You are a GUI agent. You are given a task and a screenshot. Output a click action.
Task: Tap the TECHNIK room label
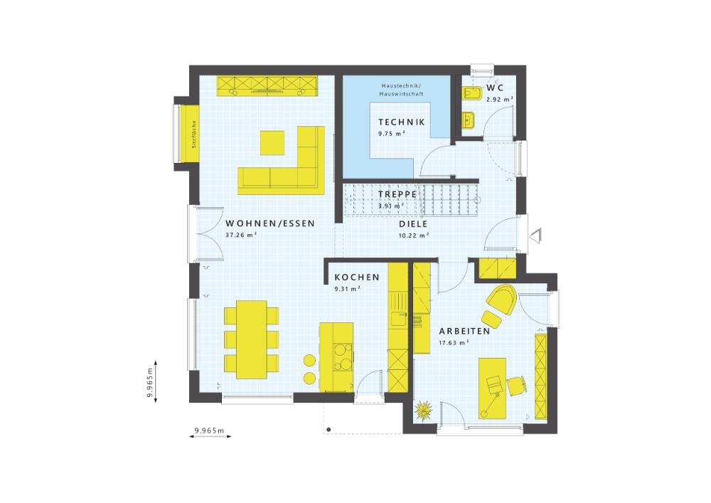[x=401, y=122]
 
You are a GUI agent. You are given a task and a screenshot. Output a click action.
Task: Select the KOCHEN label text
[x=356, y=277]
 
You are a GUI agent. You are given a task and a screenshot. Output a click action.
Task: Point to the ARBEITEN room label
[x=464, y=332]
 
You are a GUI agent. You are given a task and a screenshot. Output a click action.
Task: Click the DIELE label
[x=413, y=223]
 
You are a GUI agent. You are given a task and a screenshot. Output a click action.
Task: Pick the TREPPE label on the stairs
[x=397, y=194]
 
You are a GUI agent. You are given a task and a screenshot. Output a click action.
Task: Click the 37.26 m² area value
[x=241, y=235]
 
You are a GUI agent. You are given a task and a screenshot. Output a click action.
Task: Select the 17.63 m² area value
[x=452, y=343]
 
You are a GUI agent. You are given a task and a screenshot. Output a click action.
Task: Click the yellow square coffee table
[x=272, y=142]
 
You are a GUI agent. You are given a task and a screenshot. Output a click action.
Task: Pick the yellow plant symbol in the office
[x=424, y=411]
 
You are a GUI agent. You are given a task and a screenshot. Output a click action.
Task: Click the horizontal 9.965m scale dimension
[x=208, y=431]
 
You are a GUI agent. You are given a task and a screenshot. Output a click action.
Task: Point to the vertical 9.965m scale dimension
[x=151, y=385]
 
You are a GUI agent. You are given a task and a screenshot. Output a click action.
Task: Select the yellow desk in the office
[x=491, y=388]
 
